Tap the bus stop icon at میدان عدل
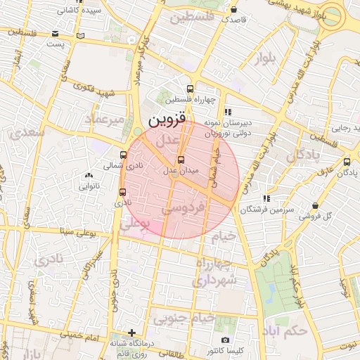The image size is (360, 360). [x=181, y=160]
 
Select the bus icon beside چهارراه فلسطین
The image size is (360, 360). [x=190, y=89]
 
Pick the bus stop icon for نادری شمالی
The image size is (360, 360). [x=124, y=155]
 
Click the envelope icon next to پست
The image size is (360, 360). [x=81, y=35]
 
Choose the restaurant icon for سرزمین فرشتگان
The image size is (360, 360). [x=266, y=199]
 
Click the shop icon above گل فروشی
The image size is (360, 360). [x=316, y=205]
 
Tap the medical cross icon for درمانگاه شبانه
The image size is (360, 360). [x=131, y=332]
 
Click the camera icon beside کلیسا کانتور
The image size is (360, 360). [x=226, y=340]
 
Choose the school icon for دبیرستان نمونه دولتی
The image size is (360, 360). [x=227, y=111]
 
